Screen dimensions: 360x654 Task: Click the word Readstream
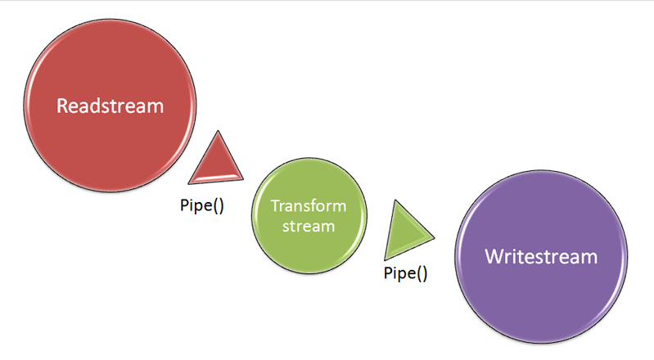pos(110,106)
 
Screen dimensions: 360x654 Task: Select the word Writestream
pos(540,256)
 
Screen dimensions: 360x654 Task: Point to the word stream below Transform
pos(309,225)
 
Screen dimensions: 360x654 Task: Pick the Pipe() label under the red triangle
pos(202,205)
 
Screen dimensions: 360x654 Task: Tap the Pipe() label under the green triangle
pos(405,273)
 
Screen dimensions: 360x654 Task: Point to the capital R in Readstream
pos(61,106)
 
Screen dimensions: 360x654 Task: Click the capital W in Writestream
pos(493,256)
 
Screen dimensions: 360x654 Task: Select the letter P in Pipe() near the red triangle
pos(184,205)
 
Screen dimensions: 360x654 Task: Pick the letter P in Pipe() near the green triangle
pos(387,273)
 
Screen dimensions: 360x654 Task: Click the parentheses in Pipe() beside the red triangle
pos(218,205)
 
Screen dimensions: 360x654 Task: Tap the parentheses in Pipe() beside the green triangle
pos(421,273)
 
